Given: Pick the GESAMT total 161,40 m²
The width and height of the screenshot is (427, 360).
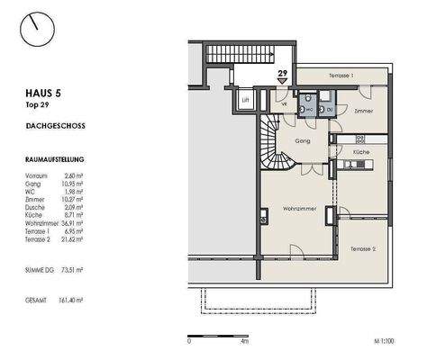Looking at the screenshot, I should tap(68, 300).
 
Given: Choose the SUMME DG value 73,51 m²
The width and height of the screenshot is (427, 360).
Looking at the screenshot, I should tap(68, 269).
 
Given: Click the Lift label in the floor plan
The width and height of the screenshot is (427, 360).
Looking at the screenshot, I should tap(245, 101).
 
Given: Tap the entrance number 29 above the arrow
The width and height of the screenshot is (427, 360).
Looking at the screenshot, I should tap(282, 73).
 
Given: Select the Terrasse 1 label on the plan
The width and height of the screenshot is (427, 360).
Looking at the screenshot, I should tap(340, 75).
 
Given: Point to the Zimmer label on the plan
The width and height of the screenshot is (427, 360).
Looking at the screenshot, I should tap(363, 110).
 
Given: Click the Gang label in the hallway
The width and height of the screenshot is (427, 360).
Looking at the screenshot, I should tap(302, 141).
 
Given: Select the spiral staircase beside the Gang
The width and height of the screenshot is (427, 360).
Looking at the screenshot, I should tap(281, 144).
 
